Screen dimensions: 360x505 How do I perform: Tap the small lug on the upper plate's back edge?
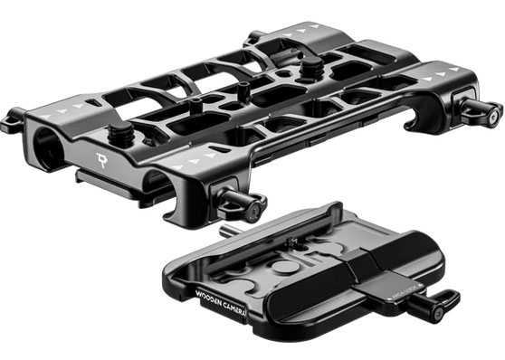(x=254, y=37)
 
